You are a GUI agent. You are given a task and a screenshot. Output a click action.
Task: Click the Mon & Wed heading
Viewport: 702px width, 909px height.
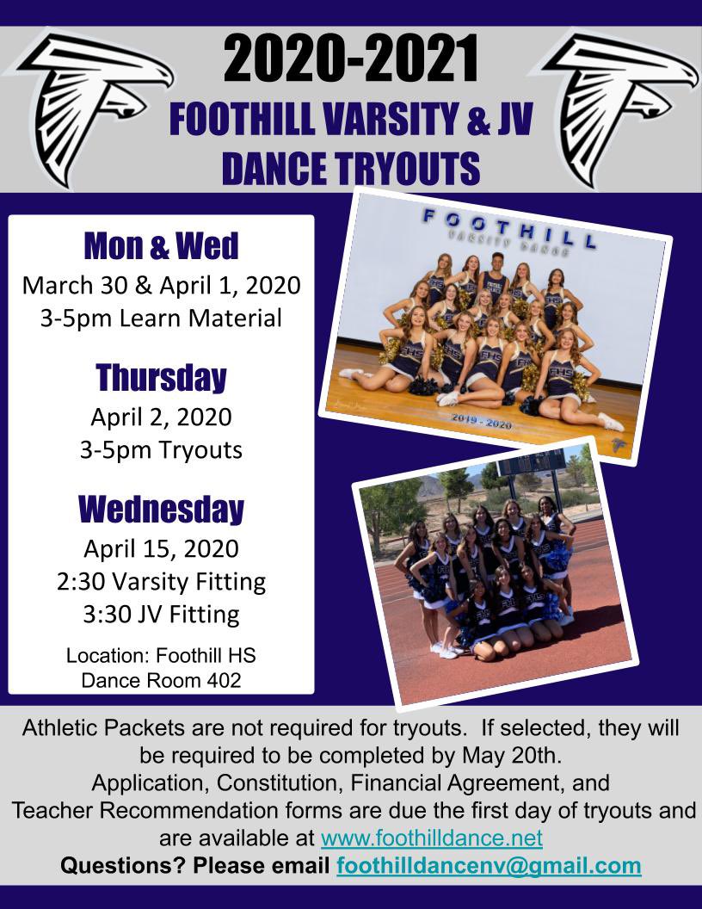161,248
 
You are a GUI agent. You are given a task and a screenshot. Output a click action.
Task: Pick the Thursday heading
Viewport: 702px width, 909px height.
161,378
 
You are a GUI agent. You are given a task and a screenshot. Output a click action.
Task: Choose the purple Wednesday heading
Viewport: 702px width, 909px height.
161,509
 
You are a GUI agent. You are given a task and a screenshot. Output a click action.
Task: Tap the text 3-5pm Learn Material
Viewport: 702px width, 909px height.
161,318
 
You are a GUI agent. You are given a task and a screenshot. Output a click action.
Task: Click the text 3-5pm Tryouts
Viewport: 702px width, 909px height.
161,449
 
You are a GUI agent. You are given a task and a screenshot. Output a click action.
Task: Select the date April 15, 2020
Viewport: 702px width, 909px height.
161,548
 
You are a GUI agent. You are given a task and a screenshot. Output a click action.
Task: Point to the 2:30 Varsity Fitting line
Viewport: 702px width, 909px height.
161,582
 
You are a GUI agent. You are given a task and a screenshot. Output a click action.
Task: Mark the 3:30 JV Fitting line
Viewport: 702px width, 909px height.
161,615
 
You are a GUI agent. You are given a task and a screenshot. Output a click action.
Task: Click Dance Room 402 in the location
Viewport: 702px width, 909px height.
161,679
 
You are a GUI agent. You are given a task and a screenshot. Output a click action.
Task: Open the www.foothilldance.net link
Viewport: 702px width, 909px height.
431,838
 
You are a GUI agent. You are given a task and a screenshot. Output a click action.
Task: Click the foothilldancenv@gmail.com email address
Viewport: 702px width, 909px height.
489,865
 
